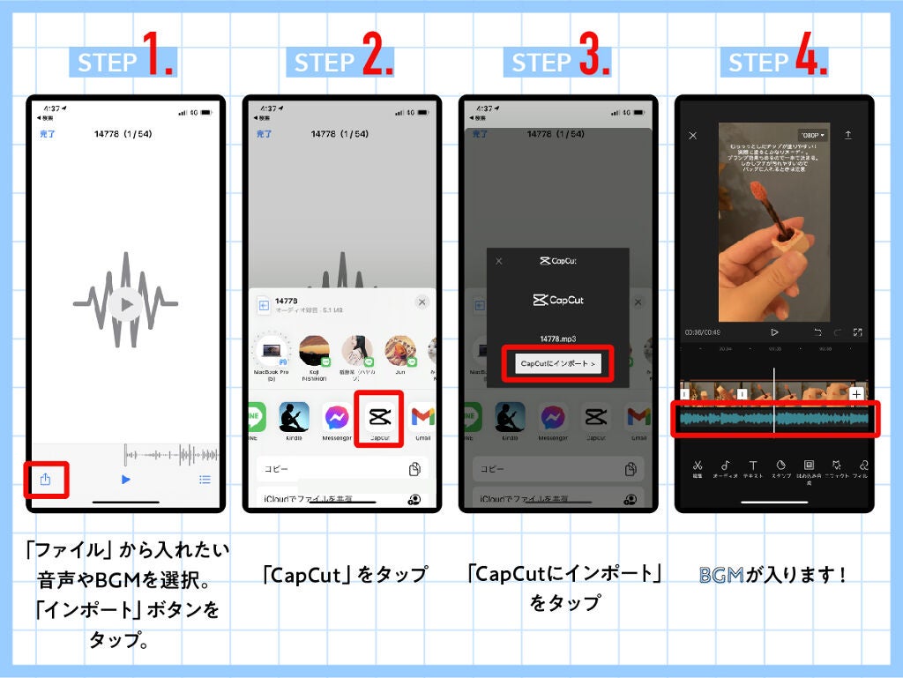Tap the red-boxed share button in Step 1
pos(46,479)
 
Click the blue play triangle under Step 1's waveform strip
pos(125,480)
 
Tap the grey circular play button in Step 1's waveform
pos(126,303)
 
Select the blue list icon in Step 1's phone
pos(205,480)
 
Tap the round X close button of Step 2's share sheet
pos(422,302)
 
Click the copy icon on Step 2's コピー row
pos(414,469)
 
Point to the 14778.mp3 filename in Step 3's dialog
pos(557,338)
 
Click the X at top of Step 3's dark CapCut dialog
pos(499,261)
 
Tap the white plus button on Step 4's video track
pos(855,394)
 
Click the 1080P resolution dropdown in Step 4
pos(812,136)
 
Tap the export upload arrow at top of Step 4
pos(848,135)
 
